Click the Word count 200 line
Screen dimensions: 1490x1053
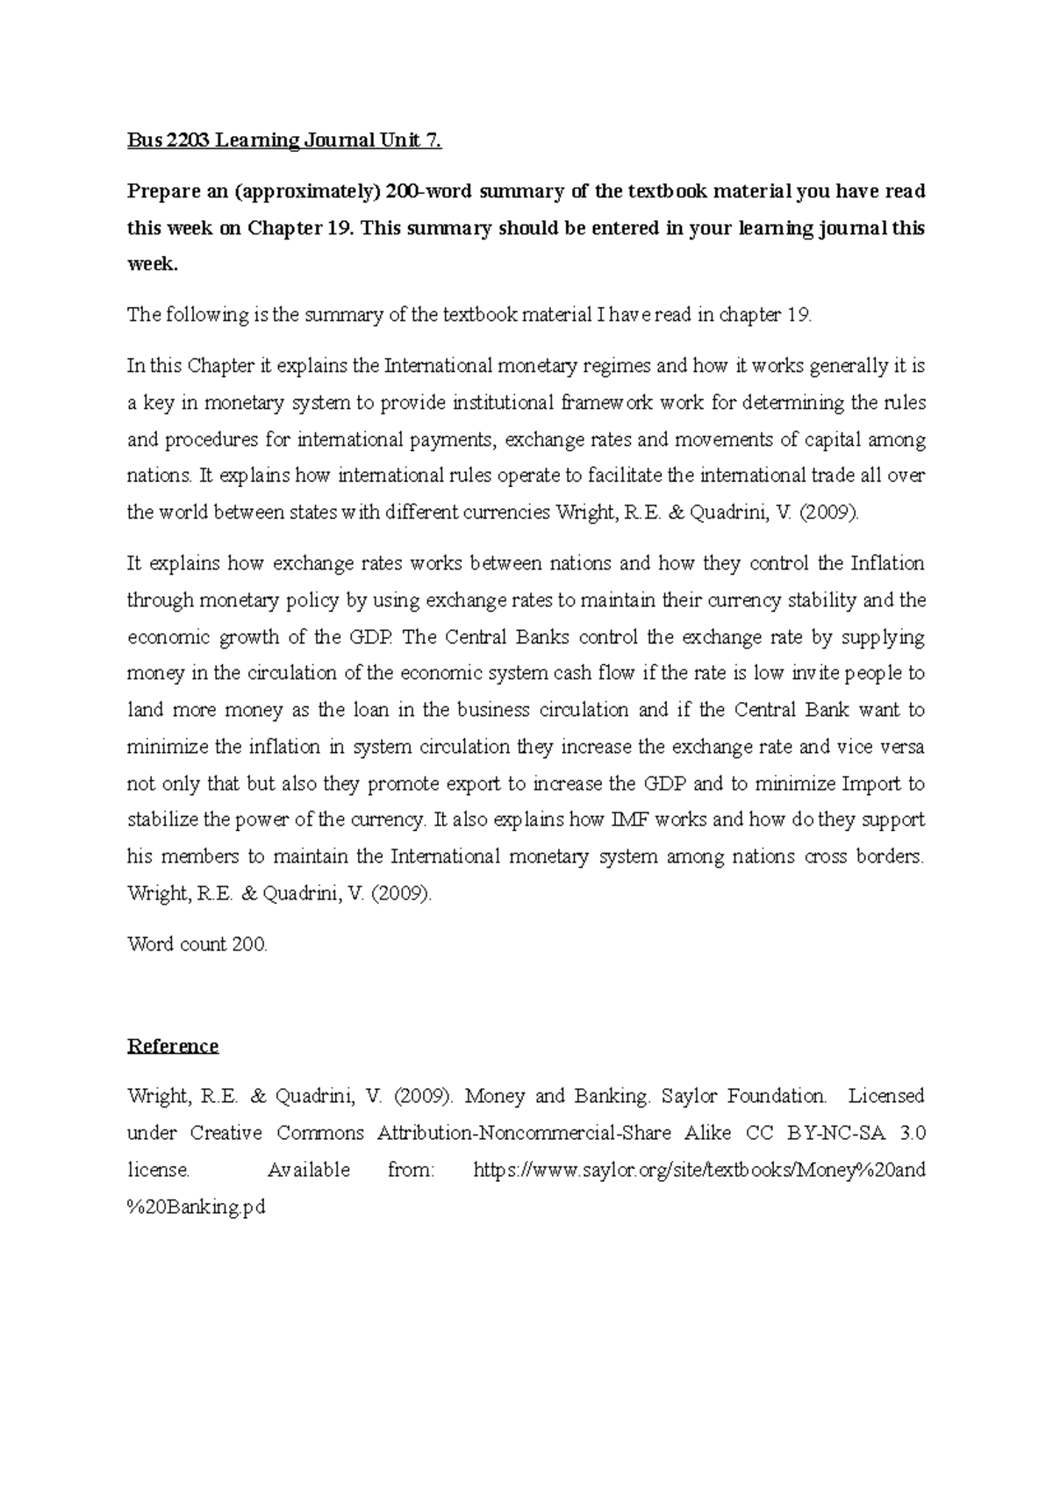point(197,945)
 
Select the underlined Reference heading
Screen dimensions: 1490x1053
point(173,1046)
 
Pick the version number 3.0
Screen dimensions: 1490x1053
point(913,1133)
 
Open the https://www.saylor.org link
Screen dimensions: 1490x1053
point(699,1170)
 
